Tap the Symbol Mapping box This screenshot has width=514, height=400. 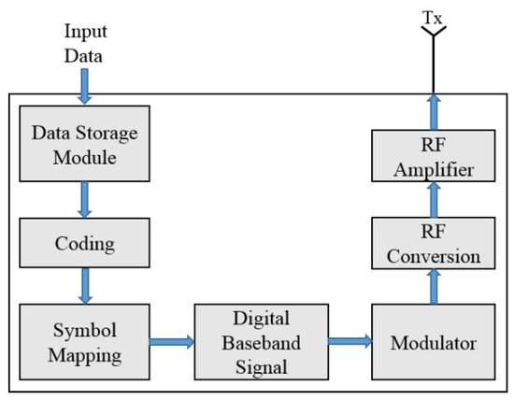pyautogui.click(x=83, y=343)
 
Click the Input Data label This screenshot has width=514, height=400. pyautogui.click(x=83, y=41)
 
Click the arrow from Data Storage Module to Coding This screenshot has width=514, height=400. pyautogui.click(x=83, y=197)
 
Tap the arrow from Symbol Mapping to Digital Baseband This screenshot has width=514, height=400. pyautogui.click(x=168, y=343)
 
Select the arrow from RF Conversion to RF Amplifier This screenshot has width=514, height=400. pyautogui.click(x=433, y=199)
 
